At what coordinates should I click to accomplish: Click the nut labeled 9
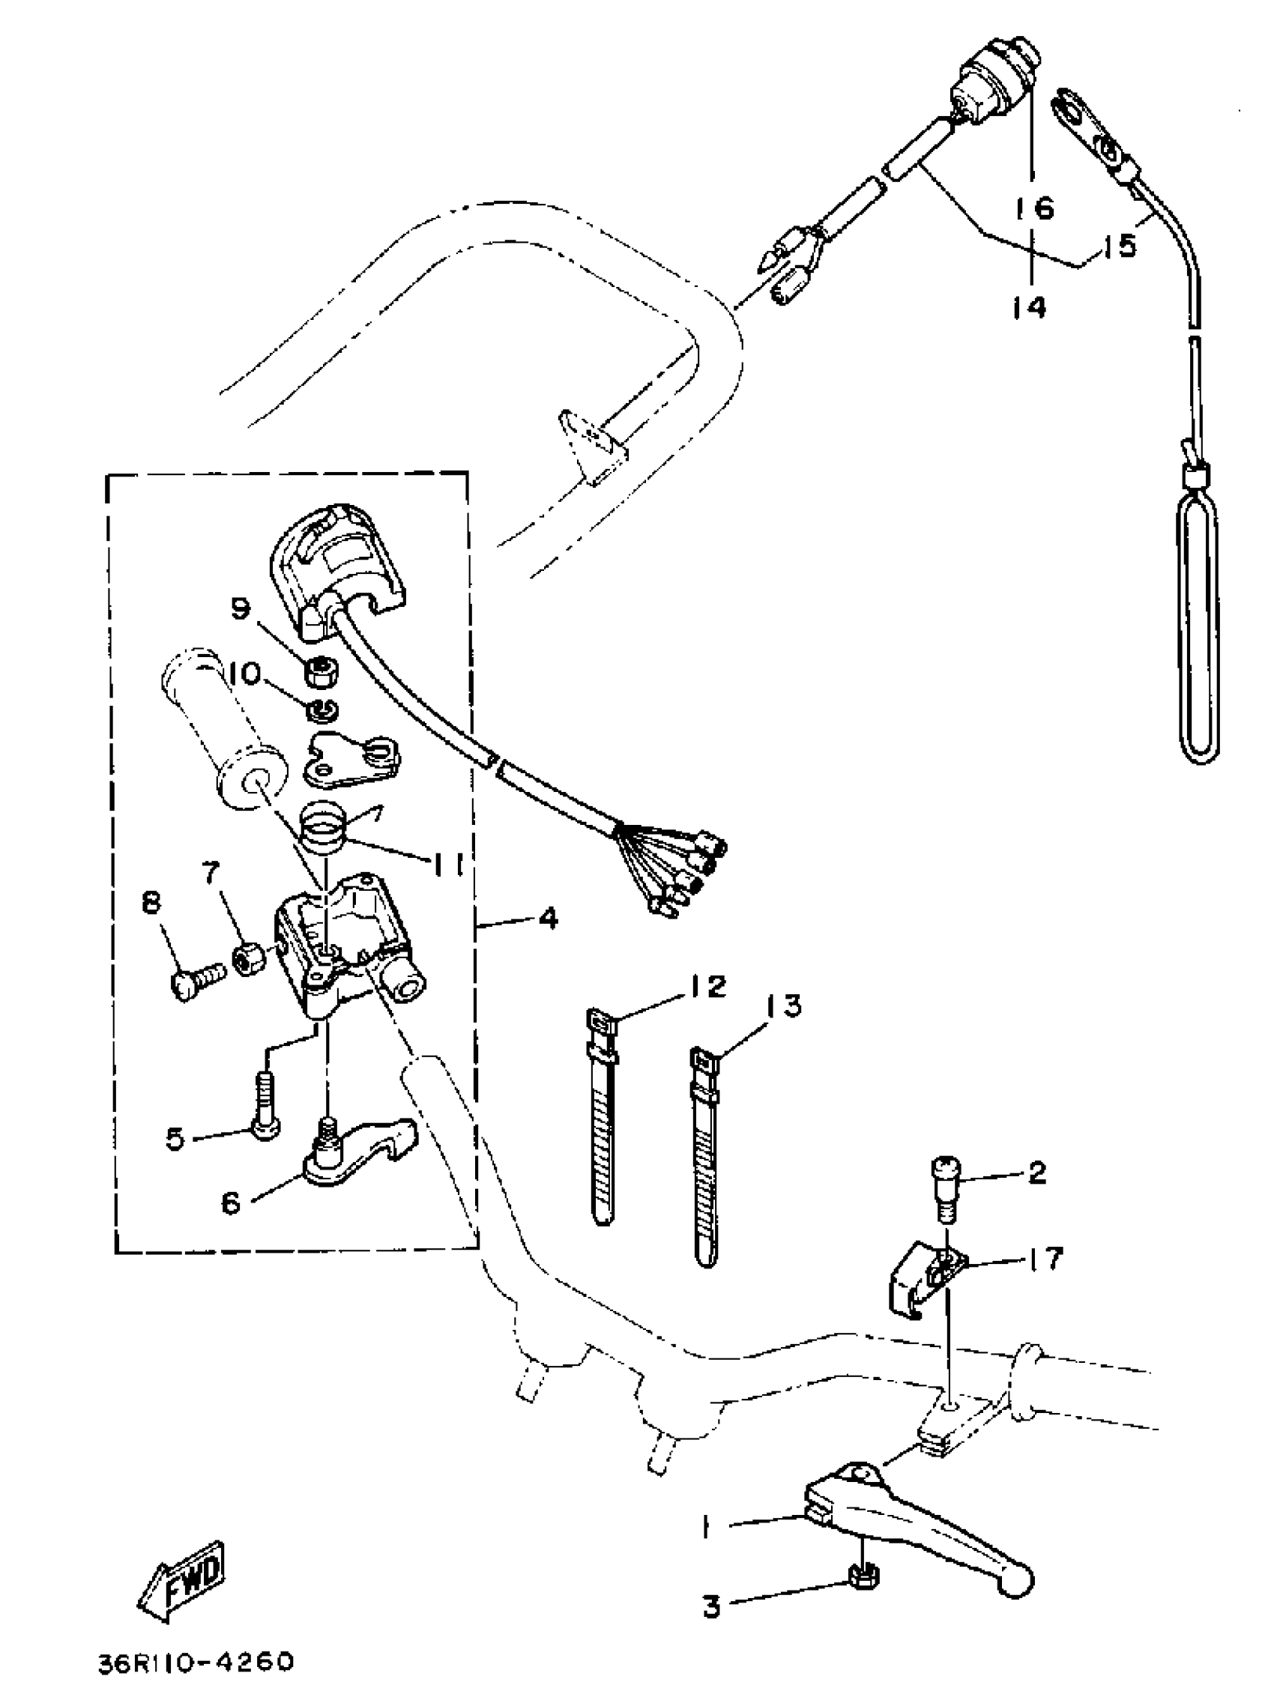click(317, 677)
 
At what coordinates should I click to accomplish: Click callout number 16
click(1034, 207)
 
